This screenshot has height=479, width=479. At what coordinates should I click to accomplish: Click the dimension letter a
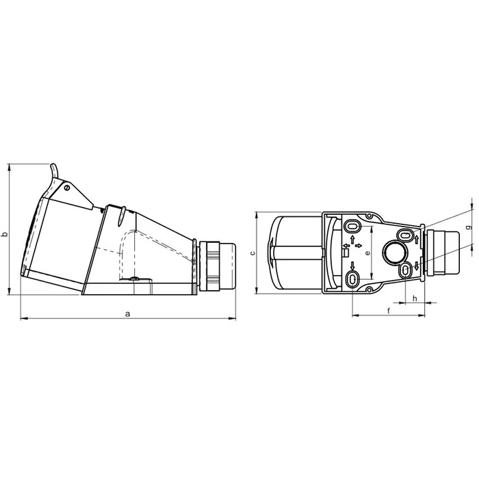pos(128,313)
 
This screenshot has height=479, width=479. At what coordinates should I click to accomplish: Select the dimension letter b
pos(4,235)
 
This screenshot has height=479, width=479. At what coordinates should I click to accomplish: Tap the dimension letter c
pos(253,253)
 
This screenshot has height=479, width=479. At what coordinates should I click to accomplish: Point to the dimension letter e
pos(367,253)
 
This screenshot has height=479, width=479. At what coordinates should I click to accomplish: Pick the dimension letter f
pos(389,311)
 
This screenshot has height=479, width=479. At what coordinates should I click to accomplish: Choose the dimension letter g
pos(471,227)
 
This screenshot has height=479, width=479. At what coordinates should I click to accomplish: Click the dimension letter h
pos(415,298)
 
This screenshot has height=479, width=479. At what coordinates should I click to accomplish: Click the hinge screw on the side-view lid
pos(67,188)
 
